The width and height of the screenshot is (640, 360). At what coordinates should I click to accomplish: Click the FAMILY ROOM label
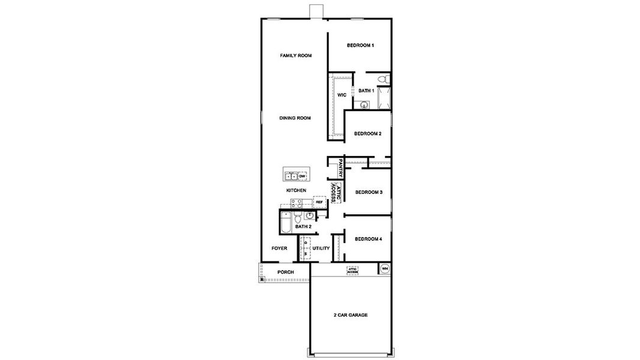(x=296, y=56)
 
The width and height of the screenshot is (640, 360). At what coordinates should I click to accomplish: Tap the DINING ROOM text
(x=295, y=118)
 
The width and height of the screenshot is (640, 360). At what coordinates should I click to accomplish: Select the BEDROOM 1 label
(x=360, y=46)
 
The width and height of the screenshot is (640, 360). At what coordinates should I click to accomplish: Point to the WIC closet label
(x=341, y=95)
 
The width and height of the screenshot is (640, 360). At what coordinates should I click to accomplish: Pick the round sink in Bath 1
(x=364, y=104)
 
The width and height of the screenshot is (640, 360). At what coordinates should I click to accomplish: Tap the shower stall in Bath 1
(x=384, y=98)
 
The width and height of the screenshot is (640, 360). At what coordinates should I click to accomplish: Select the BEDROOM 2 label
(x=367, y=134)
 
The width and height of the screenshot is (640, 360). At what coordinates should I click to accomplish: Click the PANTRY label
(x=340, y=168)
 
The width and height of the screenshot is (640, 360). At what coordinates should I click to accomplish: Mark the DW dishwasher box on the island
(x=302, y=176)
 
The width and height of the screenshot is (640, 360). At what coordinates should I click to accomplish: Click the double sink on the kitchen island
(x=291, y=176)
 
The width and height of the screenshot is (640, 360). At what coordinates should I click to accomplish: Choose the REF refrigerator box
(x=319, y=202)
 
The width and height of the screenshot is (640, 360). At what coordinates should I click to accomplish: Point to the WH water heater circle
(x=385, y=268)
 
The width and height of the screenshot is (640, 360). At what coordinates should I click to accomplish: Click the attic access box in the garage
(x=352, y=271)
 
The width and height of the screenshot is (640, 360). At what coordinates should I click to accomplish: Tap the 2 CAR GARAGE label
(x=350, y=315)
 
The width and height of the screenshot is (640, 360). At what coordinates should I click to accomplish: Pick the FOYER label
(x=279, y=248)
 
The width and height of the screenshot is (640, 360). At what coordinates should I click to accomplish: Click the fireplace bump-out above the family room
(x=315, y=11)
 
